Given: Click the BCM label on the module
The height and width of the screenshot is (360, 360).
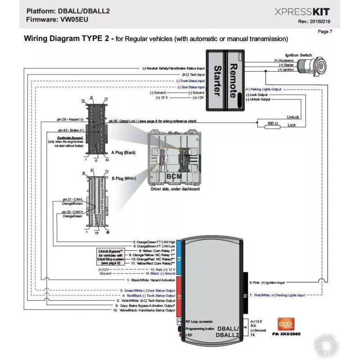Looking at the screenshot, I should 174,176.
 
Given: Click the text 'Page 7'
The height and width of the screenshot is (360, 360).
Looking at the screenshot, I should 325,31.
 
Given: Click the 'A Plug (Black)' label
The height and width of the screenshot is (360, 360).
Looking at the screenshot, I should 123,153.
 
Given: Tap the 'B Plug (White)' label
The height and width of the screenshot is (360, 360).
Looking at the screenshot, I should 124,178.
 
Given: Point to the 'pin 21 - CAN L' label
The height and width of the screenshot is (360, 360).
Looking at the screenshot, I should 73,199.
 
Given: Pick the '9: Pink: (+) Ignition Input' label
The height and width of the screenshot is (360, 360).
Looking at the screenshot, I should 267,283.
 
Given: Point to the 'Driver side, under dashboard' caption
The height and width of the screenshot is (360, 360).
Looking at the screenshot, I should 174,189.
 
